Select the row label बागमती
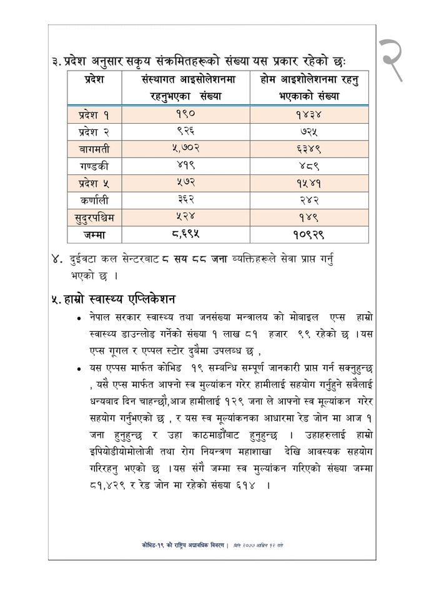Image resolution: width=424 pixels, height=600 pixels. (x=94, y=151)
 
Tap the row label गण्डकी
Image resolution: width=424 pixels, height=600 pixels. (x=94, y=167)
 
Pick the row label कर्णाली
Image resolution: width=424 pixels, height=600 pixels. (x=94, y=201)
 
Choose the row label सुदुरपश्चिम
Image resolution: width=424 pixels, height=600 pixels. (x=94, y=217)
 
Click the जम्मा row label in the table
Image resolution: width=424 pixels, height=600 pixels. (x=94, y=234)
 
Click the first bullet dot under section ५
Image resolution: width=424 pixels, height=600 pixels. (x=78, y=319)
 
